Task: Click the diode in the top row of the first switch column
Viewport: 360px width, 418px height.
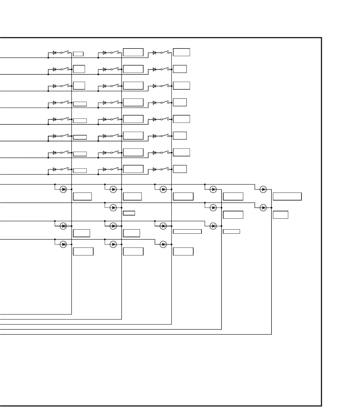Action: click(54, 53)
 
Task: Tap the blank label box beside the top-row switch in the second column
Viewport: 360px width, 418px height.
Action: click(133, 52)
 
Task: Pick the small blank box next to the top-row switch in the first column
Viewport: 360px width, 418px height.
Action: click(78, 54)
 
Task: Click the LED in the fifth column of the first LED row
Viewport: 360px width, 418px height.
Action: click(263, 190)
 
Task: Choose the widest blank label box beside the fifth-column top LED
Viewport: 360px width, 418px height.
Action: click(287, 196)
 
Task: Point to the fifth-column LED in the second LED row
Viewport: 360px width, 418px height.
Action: click(263, 208)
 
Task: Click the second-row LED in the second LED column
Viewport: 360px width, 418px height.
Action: click(113, 208)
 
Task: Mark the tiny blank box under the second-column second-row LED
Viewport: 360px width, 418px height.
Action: click(129, 213)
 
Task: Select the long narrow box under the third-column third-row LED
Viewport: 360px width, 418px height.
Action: click(187, 232)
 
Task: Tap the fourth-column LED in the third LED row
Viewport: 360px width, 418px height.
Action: click(213, 226)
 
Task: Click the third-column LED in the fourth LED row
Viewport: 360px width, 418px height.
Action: click(163, 244)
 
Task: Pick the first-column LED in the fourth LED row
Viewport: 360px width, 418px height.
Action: click(63, 244)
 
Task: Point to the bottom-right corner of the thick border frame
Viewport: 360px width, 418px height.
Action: click(321, 406)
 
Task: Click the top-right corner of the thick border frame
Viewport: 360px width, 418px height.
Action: click(321, 38)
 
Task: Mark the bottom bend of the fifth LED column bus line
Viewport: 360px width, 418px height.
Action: click(271, 334)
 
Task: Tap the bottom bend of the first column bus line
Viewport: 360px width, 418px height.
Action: click(71, 314)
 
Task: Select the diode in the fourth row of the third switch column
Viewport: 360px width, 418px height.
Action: click(154, 103)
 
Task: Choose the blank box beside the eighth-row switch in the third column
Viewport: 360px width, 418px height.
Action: click(180, 169)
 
